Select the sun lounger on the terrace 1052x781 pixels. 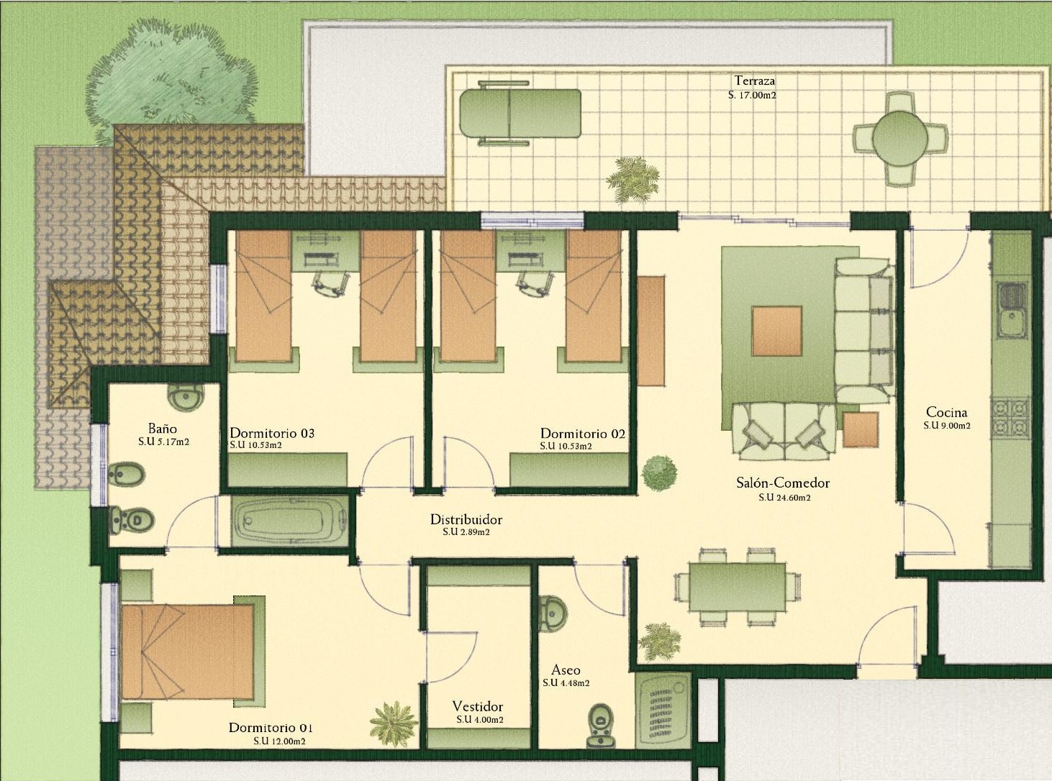(x=520, y=114)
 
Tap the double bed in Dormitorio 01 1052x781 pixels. (x=187, y=652)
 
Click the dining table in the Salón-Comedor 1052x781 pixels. (x=738, y=587)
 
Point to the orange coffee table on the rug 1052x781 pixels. (x=777, y=331)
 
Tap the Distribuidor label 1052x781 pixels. (x=466, y=520)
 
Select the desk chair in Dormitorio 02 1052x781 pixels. (x=536, y=283)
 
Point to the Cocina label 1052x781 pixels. (x=947, y=412)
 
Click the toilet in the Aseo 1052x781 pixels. (x=601, y=736)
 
